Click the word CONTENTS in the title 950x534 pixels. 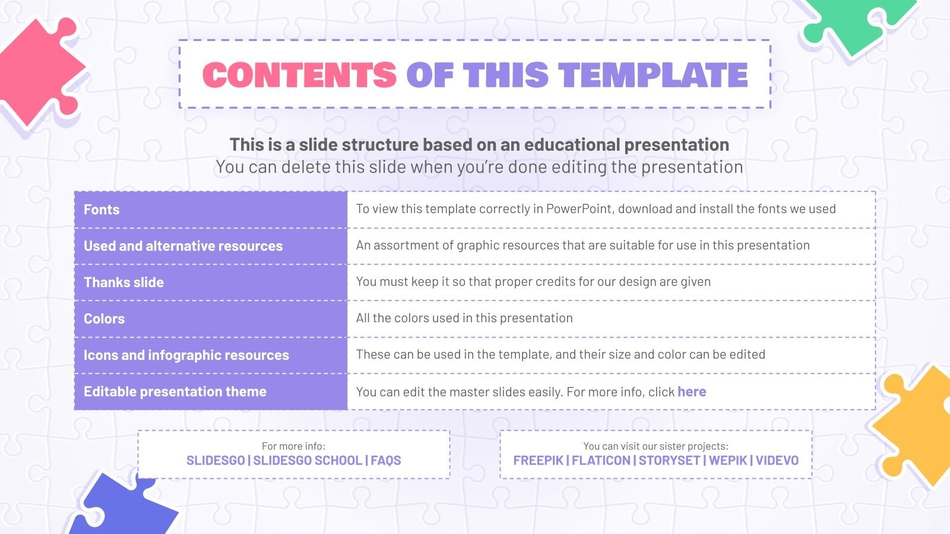coord(299,75)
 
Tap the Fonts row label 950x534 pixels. coord(102,209)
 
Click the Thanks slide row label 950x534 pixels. coord(123,282)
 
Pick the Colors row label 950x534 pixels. coord(104,319)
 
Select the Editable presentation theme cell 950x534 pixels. coord(175,392)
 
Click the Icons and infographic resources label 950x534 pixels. coord(186,355)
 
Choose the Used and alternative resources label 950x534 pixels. coord(183,246)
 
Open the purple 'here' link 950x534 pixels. coord(692,392)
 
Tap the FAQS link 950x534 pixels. coord(386,460)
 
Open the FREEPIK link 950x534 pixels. coord(538,460)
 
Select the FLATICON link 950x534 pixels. coord(601,460)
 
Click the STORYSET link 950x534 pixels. coord(669,460)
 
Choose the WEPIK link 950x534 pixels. coord(728,460)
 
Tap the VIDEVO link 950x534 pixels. coord(777,460)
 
